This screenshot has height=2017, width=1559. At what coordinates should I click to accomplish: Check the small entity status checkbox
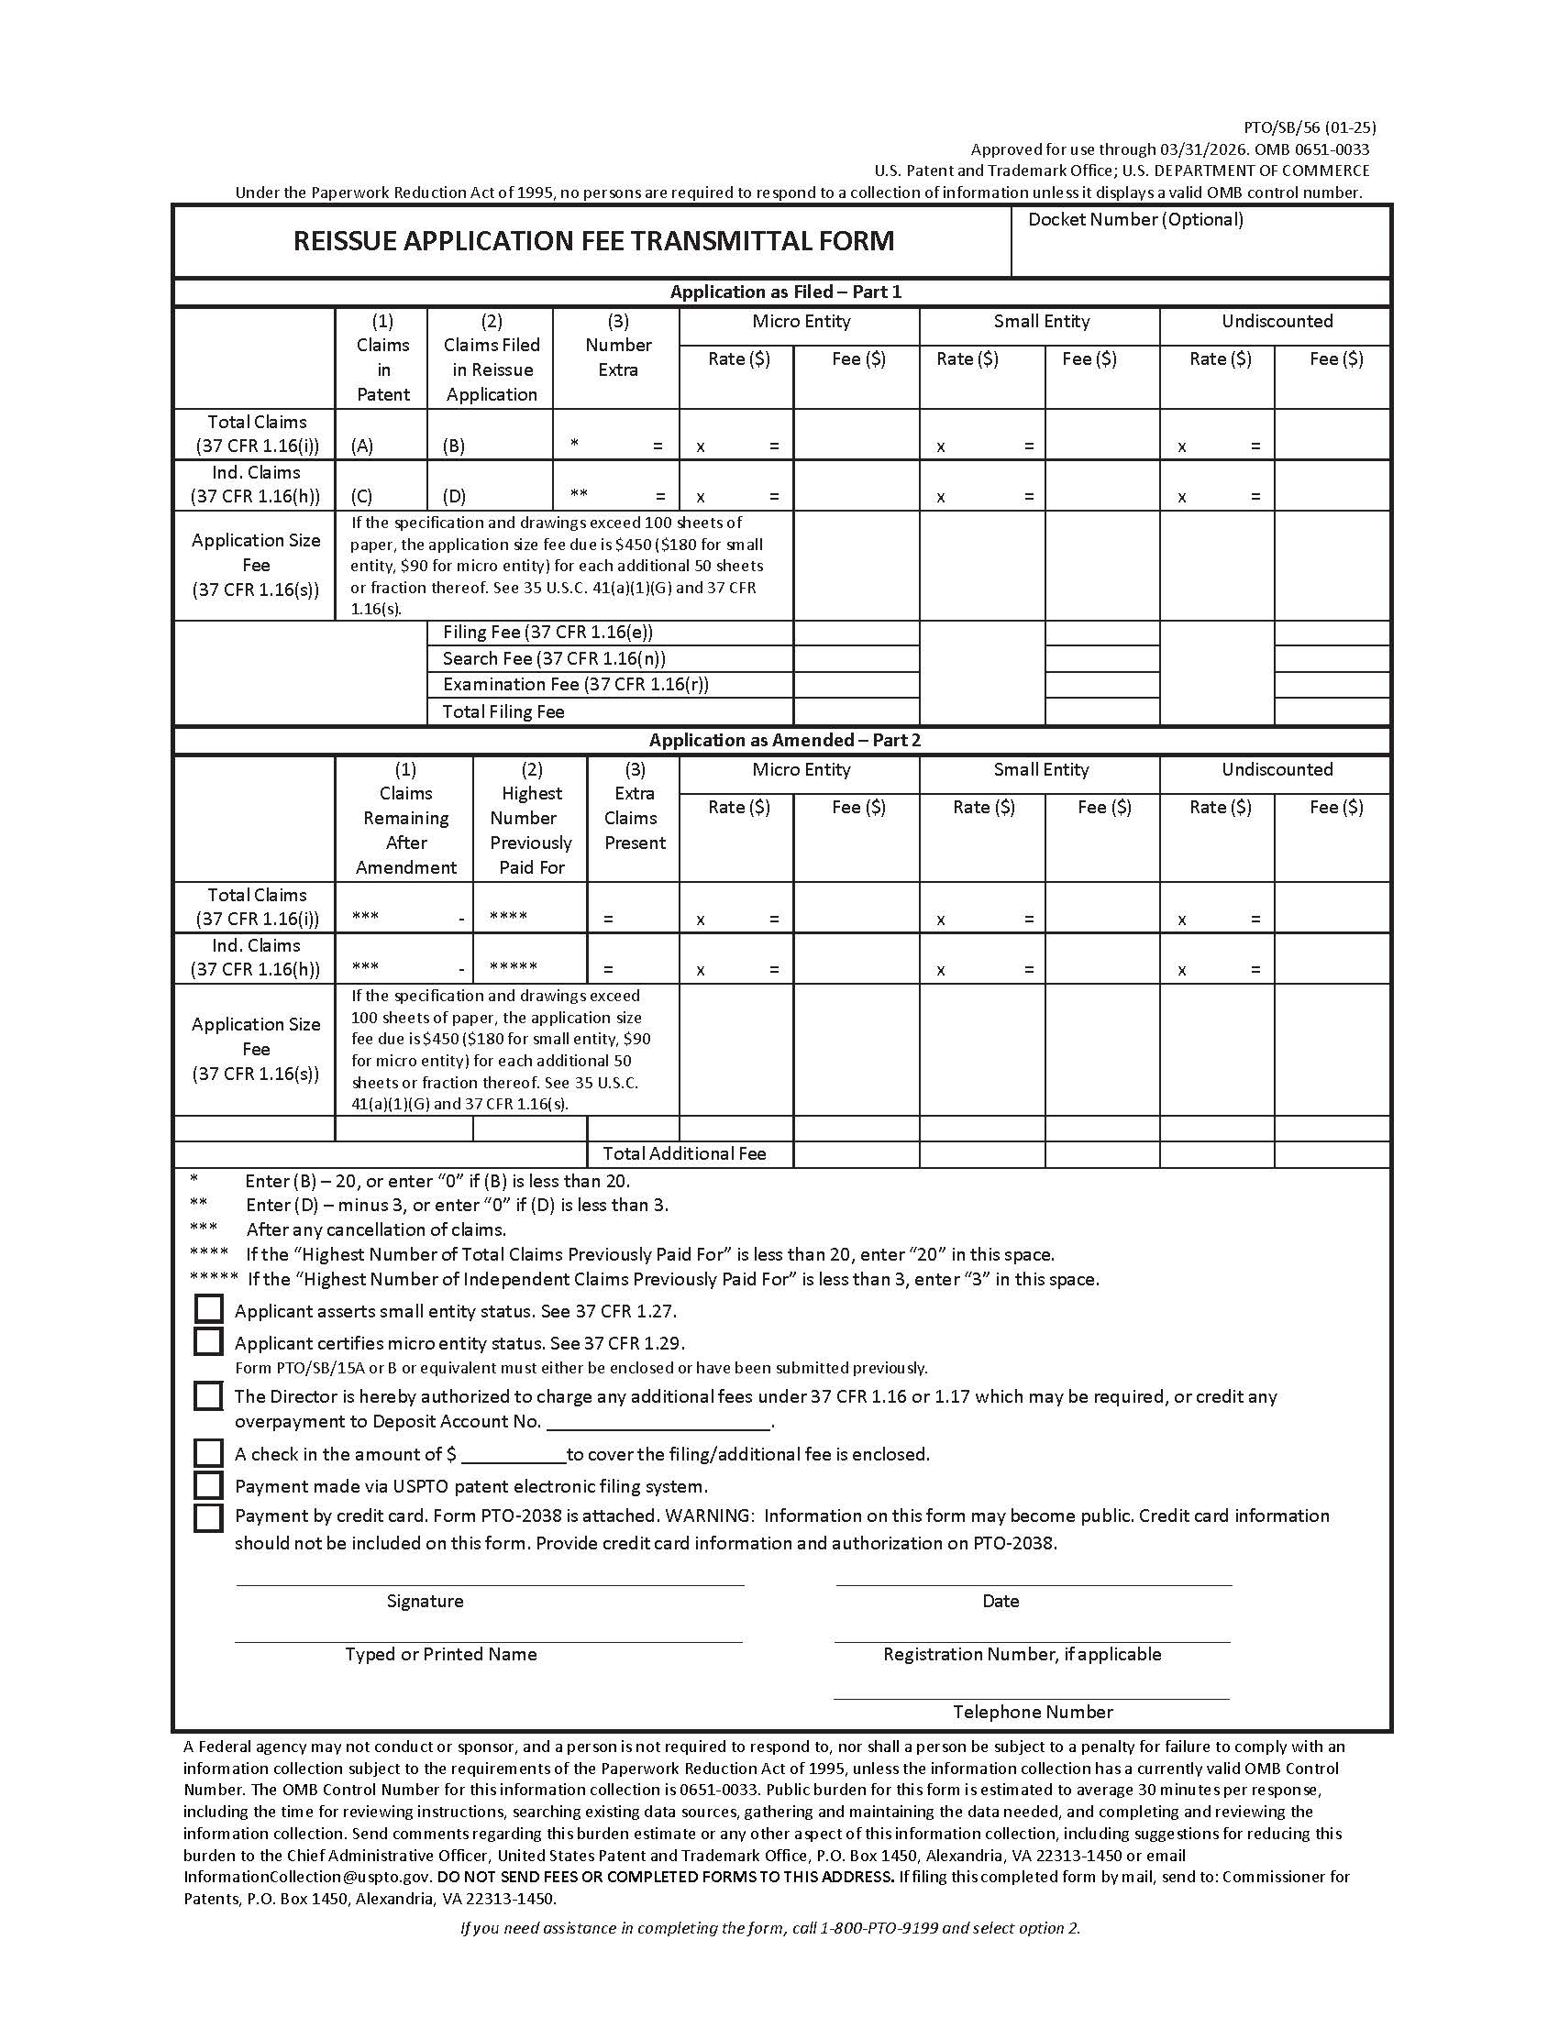pos(209,1309)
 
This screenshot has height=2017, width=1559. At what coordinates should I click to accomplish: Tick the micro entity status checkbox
pos(209,1341)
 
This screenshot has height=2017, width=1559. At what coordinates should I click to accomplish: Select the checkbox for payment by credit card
pos(209,1517)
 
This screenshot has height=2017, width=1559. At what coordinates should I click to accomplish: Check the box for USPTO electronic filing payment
pos(209,1485)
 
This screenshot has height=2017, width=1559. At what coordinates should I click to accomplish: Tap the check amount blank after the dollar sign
pos(513,1456)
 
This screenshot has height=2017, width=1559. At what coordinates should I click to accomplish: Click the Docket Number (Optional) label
pos(1135,220)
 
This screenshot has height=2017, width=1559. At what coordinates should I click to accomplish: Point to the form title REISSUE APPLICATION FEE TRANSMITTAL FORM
pos(593,241)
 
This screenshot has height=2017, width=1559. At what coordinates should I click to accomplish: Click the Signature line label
pos(425,1602)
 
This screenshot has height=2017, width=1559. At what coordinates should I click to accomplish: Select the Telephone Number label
pos(1033,1713)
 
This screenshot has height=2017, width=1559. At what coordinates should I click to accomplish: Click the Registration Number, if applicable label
pos(1022,1654)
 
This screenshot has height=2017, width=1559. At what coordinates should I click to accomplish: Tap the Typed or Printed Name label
pos(440,1654)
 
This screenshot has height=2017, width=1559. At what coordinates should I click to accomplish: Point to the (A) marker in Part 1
pos(362,446)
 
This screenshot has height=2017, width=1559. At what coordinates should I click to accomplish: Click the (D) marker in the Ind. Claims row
pos(453,497)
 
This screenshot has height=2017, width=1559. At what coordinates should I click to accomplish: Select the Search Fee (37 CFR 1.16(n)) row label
pos(553,658)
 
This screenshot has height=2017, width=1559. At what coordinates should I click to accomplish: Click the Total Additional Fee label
pos(683,1153)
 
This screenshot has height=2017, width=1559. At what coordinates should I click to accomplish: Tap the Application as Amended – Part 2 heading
pos(784,740)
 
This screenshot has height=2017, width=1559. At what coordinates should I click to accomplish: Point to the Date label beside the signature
pos(1001,1602)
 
